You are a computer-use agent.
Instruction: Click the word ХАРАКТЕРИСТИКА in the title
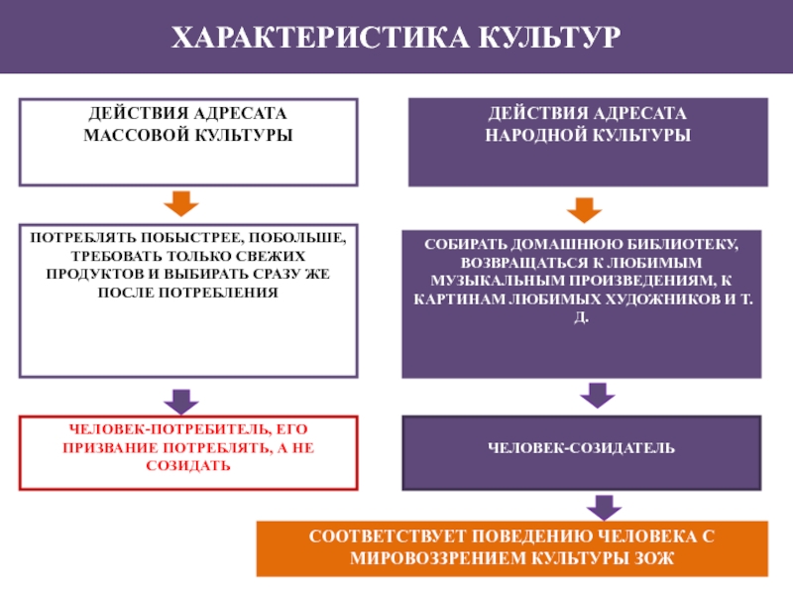coord(320,37)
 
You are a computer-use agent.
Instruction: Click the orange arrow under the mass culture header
coord(181,203)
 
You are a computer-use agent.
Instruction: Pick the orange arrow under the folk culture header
coord(584,210)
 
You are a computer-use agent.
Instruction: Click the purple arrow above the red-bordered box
coord(181,402)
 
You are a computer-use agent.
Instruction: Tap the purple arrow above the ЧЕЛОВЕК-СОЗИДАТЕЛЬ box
coord(598,395)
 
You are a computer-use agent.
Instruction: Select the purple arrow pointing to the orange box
coord(604,508)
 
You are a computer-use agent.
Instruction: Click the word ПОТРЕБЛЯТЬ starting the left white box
coord(83,237)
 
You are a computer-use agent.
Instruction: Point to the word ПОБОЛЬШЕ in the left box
coord(297,238)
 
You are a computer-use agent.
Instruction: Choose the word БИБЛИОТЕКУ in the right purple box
coord(682,244)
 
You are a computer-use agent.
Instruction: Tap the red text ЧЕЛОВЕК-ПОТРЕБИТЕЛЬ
coord(171,429)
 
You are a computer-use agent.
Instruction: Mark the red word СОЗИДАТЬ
coord(188,465)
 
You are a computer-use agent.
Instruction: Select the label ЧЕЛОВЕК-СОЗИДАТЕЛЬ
coord(581,448)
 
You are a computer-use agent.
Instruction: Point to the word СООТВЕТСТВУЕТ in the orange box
coord(388,536)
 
